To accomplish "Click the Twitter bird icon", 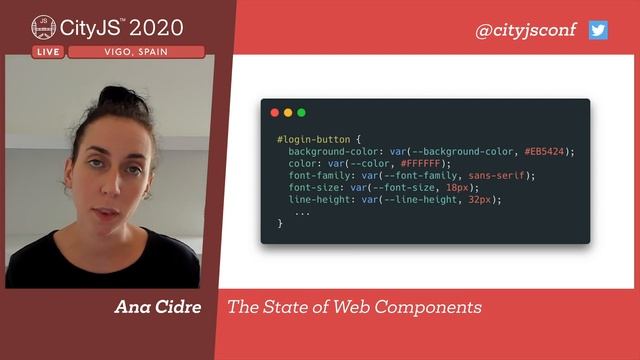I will pos(598,30).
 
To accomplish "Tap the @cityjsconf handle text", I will pos(526,30).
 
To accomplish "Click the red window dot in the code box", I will pos(275,113).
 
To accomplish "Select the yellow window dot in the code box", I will pos(288,113).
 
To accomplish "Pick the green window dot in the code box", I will pos(301,113).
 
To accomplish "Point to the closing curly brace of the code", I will pos(280,223).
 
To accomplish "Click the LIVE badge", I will pos(47,52).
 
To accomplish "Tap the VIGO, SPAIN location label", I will pos(135,52).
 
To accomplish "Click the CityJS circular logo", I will pos(43,27).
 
